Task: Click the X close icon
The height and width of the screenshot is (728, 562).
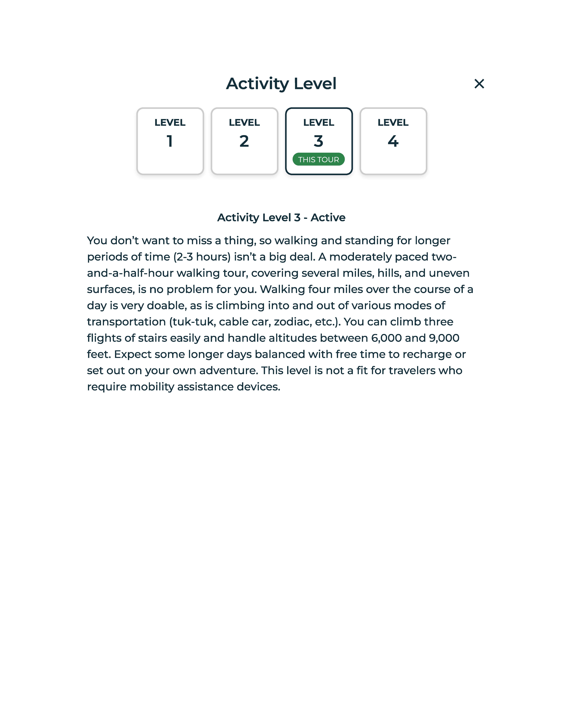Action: [x=479, y=84]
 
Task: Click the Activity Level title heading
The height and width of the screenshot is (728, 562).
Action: [x=281, y=84]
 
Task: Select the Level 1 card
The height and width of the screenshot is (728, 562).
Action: [x=170, y=141]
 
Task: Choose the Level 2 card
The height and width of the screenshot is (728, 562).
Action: [x=244, y=141]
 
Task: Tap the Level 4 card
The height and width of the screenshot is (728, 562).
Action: [x=393, y=141]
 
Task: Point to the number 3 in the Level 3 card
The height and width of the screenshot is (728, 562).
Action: [x=319, y=141]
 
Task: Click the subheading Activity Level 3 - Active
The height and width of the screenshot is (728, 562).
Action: [x=281, y=217]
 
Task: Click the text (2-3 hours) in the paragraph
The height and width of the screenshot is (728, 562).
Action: [x=202, y=257]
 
